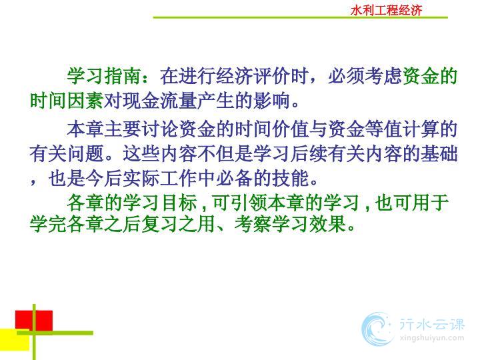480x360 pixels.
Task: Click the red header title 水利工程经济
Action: click(386, 11)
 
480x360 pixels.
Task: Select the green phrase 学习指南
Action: click(104, 75)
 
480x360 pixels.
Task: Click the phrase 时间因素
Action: click(67, 101)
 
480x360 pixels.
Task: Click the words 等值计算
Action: click(402, 129)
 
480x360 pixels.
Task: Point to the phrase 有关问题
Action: click(67, 154)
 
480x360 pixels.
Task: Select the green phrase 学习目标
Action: click(160, 203)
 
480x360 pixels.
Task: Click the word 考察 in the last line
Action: click(253, 224)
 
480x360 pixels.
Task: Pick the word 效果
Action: click(327, 224)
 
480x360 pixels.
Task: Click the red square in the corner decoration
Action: click(34, 321)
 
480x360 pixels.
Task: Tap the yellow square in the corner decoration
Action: click(15, 339)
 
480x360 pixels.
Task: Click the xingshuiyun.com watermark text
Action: click(431, 339)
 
